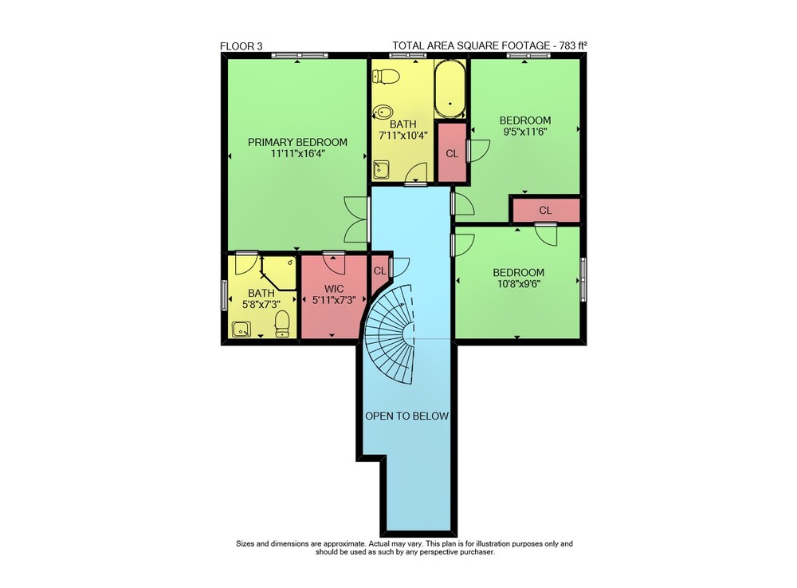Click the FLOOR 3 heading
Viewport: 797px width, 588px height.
pos(241,46)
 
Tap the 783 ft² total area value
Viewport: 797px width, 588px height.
pos(573,45)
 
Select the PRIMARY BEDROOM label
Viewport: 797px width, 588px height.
pos(297,143)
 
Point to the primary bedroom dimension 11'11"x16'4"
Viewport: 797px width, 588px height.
pos(297,154)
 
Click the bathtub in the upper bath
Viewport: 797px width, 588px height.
pos(450,89)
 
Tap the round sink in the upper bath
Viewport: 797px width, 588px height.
pos(383,112)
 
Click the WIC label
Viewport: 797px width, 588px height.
pos(334,289)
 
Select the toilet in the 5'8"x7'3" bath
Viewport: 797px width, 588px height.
pos(282,323)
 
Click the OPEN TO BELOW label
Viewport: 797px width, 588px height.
pos(406,416)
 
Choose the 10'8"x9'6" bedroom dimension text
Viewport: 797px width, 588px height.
pos(519,284)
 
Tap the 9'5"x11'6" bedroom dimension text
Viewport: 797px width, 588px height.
pos(525,132)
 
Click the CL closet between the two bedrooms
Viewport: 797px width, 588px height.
pos(545,210)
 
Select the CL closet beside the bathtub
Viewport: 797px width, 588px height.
pos(452,153)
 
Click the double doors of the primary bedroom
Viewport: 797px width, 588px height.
pos(357,219)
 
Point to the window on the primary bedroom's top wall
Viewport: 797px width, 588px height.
pos(300,55)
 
